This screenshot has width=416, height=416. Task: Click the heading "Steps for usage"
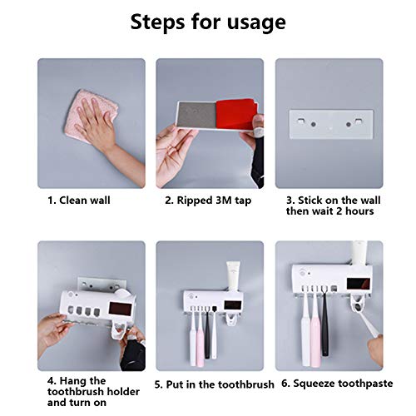coord(208,22)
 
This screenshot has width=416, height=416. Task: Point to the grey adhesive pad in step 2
coord(196,115)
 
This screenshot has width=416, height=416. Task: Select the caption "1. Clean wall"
coord(79,201)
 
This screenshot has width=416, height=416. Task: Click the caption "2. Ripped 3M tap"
coord(208,201)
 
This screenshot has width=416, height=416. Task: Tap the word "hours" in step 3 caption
coord(359,211)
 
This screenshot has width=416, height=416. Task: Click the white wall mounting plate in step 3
coord(331,124)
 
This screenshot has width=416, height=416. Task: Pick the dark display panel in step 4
coord(120,309)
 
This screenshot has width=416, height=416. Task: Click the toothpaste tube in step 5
coord(235,276)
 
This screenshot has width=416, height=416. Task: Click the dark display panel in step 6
coord(359,284)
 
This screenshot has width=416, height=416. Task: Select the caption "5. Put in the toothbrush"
coord(214,384)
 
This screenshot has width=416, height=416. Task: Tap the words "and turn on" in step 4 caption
coord(77,403)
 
